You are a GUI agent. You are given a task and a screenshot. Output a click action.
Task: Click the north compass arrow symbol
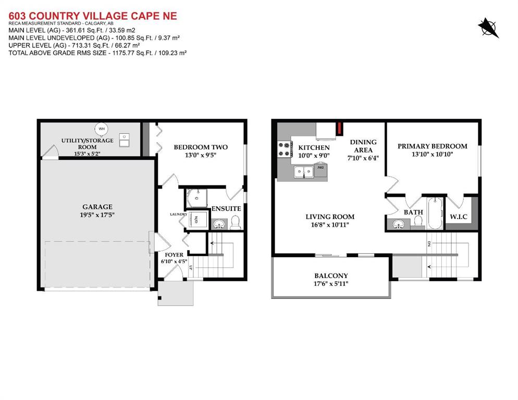click(488, 28)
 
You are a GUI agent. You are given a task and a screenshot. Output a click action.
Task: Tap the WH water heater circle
click(102, 129)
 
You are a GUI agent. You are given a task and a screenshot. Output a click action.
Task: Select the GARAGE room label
click(97, 207)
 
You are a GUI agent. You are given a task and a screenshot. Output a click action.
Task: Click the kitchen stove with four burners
click(285, 149)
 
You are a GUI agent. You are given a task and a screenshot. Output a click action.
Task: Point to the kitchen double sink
click(304, 171)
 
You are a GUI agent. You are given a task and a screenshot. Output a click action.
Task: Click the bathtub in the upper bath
click(435, 213)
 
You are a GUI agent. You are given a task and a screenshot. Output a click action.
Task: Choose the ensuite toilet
click(235, 222)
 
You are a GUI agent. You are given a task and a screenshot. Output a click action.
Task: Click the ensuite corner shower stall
click(196, 198)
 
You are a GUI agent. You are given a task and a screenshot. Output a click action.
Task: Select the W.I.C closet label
click(459, 217)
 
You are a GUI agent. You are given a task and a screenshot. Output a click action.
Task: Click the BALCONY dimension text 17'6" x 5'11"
click(331, 284)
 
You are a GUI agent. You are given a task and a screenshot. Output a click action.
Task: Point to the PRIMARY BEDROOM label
click(433, 146)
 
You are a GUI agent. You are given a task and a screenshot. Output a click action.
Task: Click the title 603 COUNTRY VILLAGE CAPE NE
click(93, 16)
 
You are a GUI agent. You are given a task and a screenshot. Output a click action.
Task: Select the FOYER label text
click(174, 255)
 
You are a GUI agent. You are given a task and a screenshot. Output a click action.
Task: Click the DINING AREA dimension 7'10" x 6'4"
click(363, 158)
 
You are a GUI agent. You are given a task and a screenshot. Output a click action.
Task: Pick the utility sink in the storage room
click(124, 140)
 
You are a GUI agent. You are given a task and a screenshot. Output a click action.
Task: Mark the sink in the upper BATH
click(399, 224)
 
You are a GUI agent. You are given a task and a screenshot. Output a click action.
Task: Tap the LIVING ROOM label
click(330, 217)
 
